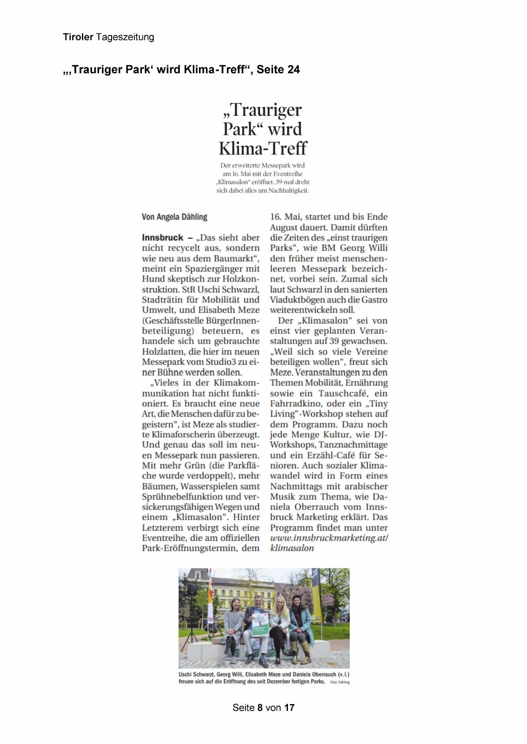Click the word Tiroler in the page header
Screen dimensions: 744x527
click(78, 37)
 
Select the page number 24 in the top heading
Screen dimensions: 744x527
click(293, 70)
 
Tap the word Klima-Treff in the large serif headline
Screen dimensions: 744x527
click(263, 148)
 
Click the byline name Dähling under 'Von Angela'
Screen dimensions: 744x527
click(193, 217)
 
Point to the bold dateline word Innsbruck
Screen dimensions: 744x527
click(163, 238)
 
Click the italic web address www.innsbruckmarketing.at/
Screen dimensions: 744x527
click(329, 538)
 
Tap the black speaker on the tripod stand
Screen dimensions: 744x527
click(192, 589)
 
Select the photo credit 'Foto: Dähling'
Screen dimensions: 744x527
click(340, 682)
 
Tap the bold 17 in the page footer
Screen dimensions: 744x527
click(289, 708)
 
